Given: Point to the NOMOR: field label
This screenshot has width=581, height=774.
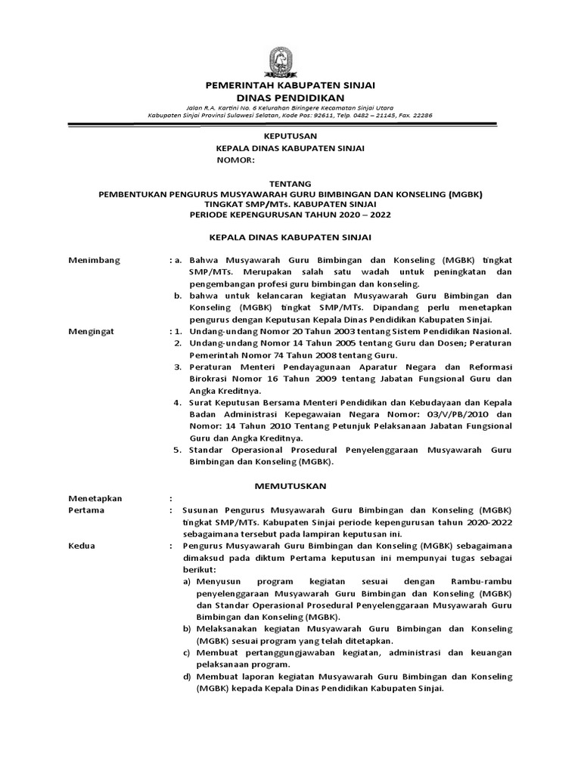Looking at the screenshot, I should pyautogui.click(x=238, y=160).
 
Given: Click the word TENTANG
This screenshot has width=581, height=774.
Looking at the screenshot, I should pyautogui.click(x=290, y=184).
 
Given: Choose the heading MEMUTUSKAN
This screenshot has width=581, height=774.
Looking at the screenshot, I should pyautogui.click(x=290, y=484).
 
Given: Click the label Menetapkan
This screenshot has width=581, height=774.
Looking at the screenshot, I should pyautogui.click(x=95, y=499).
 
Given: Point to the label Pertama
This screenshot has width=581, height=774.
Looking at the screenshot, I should pyautogui.click(x=87, y=511).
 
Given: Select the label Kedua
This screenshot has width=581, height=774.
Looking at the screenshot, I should pyautogui.click(x=82, y=546).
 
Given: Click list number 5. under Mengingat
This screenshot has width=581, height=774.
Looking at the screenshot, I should pyautogui.click(x=176, y=450).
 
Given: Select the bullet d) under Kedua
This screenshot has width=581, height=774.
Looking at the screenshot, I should pyautogui.click(x=186, y=676).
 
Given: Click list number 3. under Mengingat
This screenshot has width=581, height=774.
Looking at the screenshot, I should pyautogui.click(x=176, y=367).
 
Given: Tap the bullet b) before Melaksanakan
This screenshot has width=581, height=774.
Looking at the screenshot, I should pyautogui.click(x=186, y=629).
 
